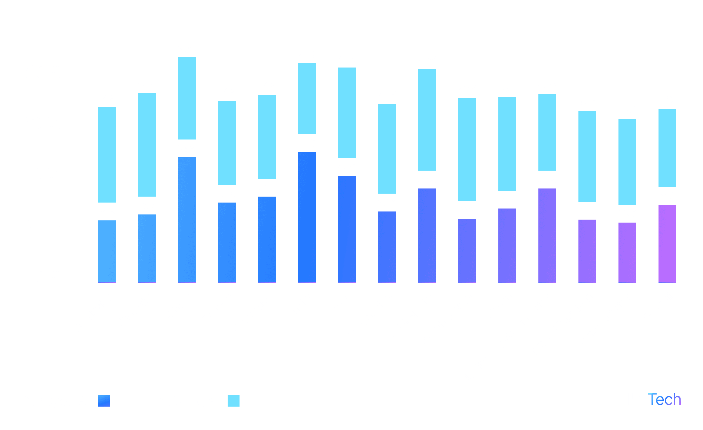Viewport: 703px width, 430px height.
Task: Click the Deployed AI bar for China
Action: point(187,220)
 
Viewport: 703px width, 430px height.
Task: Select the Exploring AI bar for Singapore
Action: point(427,119)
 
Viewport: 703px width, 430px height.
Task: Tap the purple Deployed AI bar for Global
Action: point(667,243)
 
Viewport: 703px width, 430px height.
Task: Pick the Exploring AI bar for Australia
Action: point(107,154)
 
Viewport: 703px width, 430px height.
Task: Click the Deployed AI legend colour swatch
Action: point(104,401)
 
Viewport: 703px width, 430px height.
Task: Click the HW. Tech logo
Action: point(648,400)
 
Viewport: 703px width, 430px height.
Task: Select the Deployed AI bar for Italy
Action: point(347,229)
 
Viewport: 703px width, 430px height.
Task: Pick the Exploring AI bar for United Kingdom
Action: point(587,156)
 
